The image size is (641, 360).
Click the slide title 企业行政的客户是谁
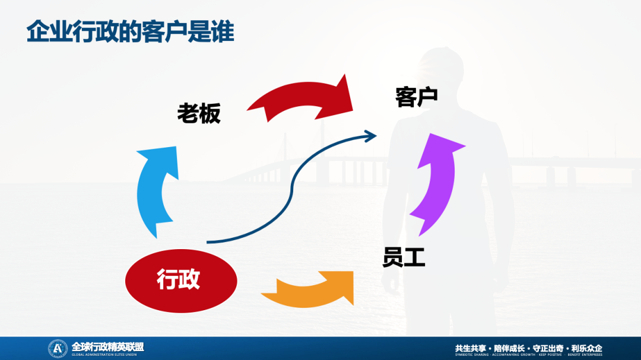131,32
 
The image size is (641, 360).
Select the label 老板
199,113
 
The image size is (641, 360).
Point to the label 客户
417,97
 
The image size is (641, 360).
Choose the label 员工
404,258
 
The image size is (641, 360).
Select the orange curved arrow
309,289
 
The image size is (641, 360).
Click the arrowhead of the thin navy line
372,136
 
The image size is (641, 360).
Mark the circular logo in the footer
58,348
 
